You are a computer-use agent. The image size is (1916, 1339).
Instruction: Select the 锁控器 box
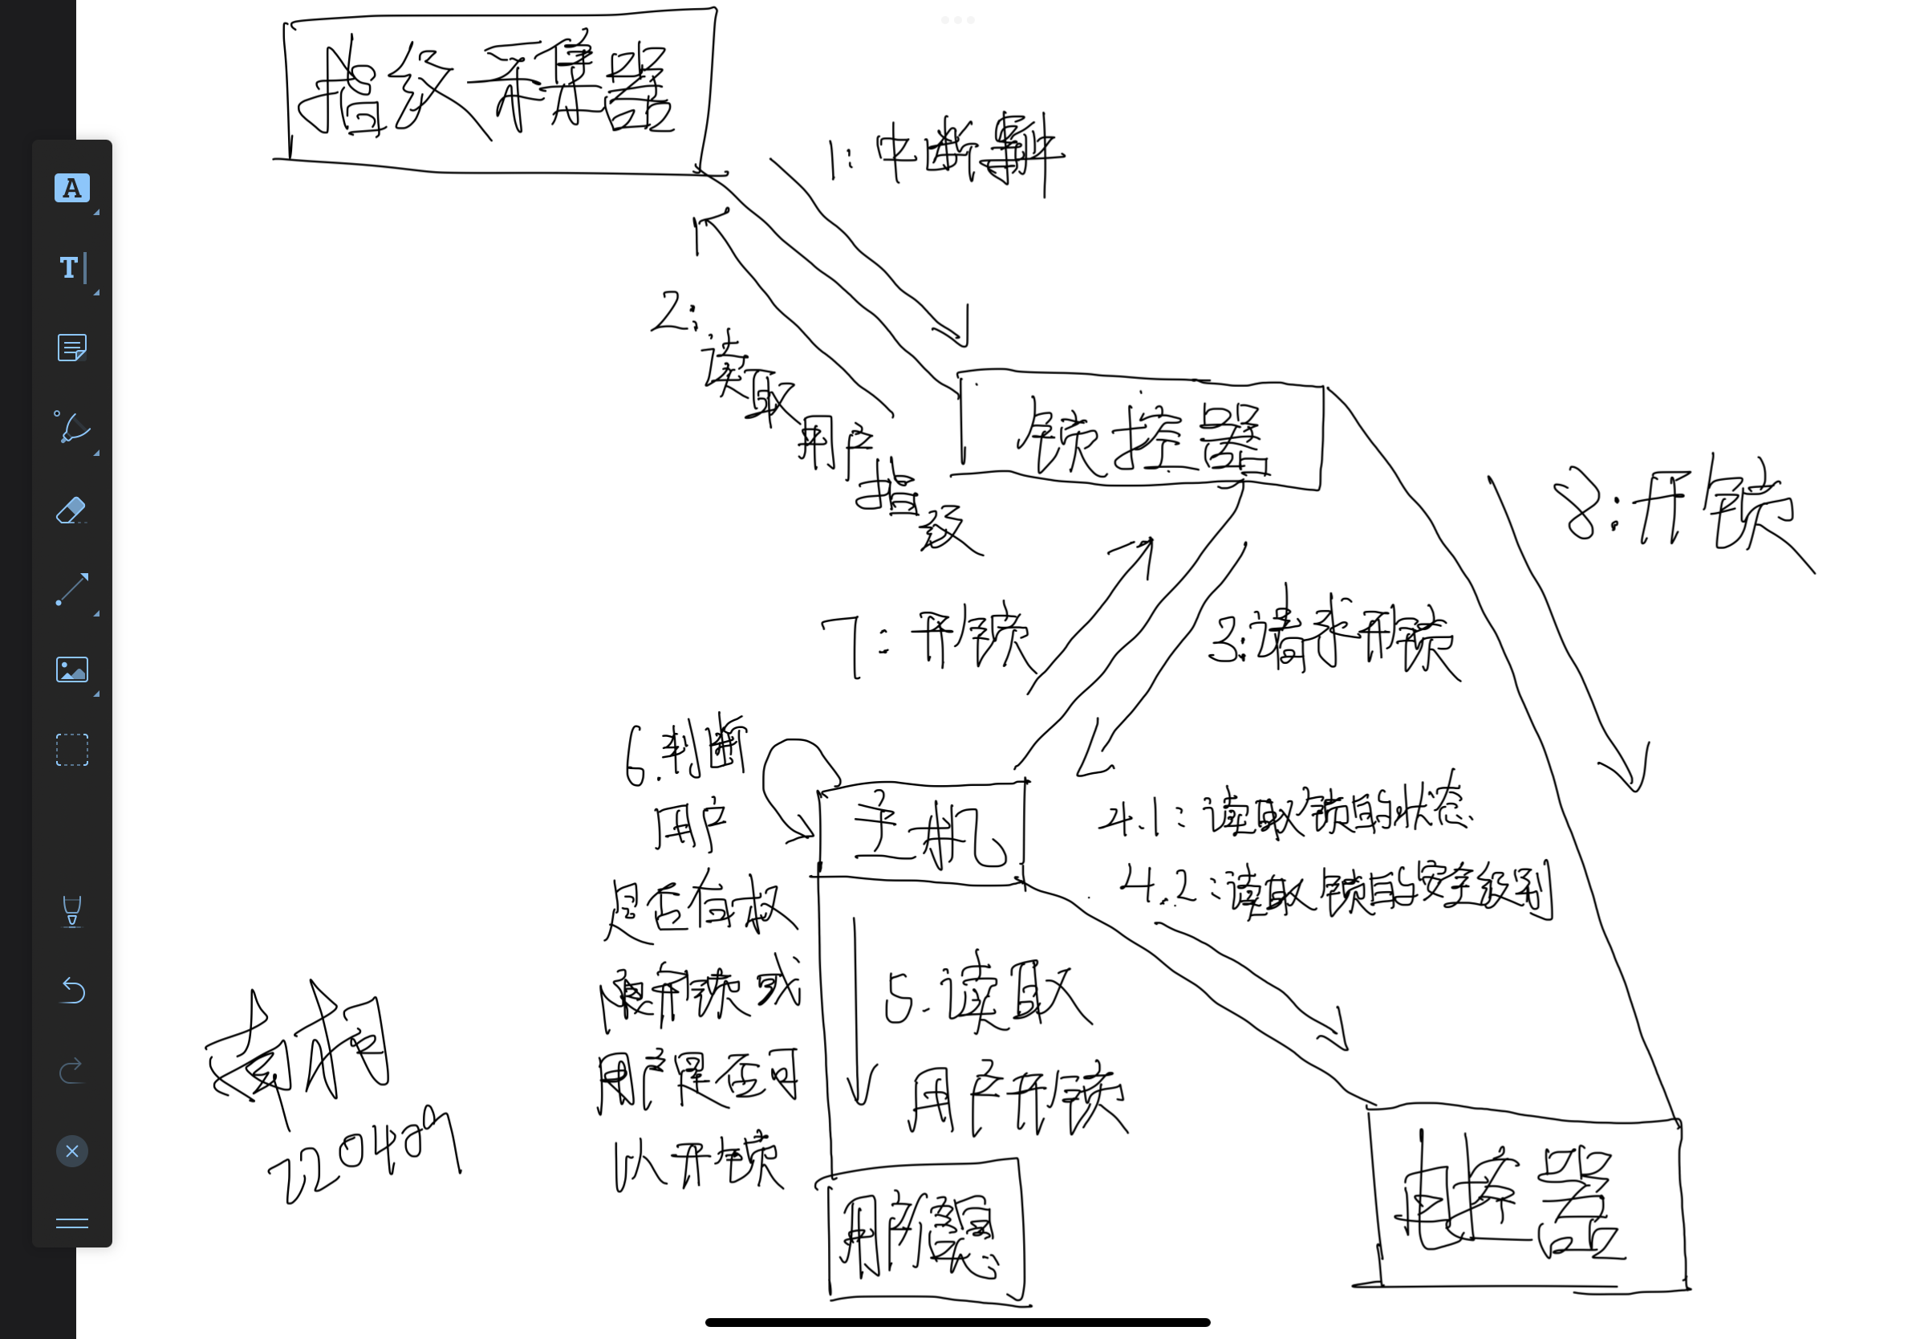tap(1141, 430)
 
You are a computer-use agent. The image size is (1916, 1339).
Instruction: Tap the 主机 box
tap(922, 832)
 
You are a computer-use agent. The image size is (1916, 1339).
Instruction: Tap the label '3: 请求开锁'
tap(1331, 639)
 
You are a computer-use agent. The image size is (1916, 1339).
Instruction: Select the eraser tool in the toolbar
tap(71, 510)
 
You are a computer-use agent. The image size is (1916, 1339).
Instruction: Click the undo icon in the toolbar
tap(72, 990)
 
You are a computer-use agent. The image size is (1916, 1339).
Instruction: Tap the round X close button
tap(72, 1151)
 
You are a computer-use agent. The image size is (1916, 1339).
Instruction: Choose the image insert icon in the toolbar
tap(71, 669)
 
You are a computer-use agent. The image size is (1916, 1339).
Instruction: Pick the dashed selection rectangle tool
tap(71, 750)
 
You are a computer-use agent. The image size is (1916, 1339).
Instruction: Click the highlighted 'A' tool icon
tap(71, 188)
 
